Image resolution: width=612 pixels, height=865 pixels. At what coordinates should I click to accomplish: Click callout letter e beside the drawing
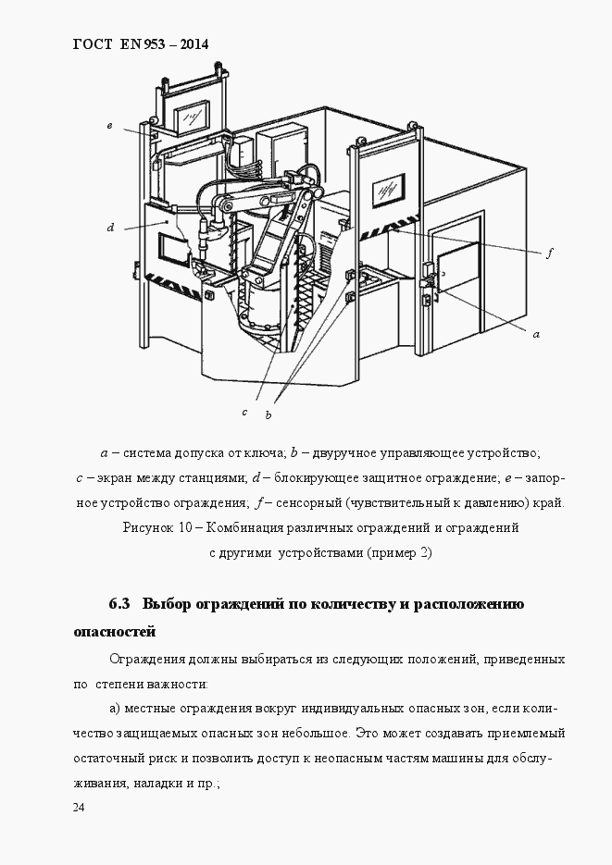pyautogui.click(x=108, y=125)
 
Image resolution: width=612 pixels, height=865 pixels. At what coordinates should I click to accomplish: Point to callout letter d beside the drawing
pyautogui.click(x=109, y=227)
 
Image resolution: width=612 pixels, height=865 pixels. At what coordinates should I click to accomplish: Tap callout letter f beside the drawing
pyautogui.click(x=549, y=252)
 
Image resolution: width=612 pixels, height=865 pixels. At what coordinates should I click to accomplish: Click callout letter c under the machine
pyautogui.click(x=244, y=412)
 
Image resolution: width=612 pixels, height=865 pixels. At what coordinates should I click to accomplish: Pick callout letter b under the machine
pyautogui.click(x=269, y=415)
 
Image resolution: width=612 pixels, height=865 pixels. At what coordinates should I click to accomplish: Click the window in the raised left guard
pyautogui.click(x=195, y=116)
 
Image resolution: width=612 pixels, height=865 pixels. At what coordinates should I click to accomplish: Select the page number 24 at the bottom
pyautogui.click(x=79, y=808)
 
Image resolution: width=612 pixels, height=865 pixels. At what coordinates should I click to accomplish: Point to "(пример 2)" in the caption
pyautogui.click(x=399, y=552)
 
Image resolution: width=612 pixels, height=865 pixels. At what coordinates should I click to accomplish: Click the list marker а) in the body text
pyautogui.click(x=117, y=709)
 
